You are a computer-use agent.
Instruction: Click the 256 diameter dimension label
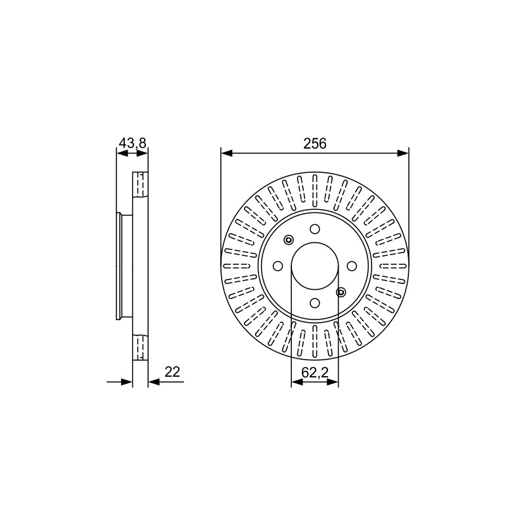coord(315,143)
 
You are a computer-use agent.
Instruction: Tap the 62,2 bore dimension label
coord(315,372)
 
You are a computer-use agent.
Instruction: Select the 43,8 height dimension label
coord(133,143)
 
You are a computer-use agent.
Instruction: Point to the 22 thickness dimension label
coord(172,371)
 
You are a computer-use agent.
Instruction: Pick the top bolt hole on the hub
coord(315,229)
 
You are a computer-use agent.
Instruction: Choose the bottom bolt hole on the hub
coord(315,303)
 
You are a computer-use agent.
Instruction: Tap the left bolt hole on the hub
coord(277,266)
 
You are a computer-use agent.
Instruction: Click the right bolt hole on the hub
coord(352,266)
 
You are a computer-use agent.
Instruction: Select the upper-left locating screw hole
coord(289,240)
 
